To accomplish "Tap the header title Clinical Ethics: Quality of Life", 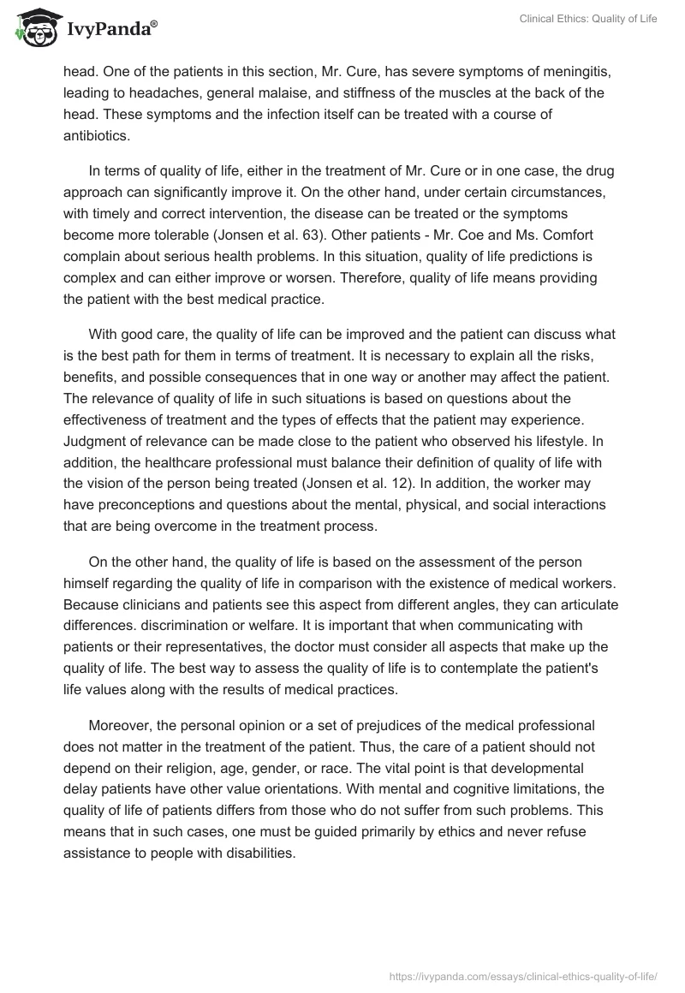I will coord(588,20).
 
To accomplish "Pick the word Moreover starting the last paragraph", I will coord(120,701).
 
